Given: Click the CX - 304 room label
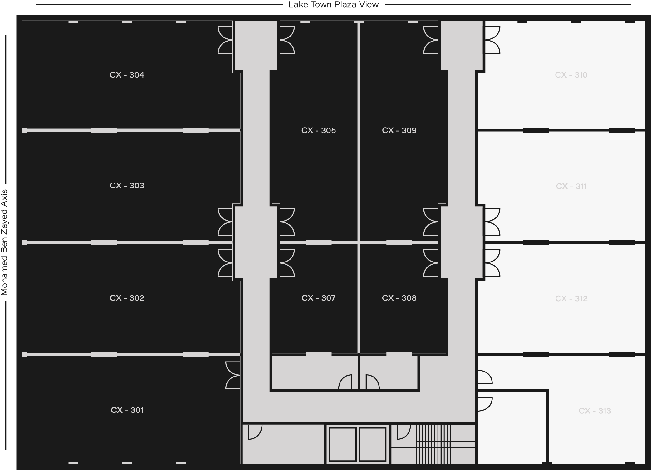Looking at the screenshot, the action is (127, 75).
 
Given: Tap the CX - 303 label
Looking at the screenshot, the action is (127, 186).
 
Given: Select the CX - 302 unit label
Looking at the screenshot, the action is (127, 298).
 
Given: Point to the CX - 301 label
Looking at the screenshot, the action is (127, 410).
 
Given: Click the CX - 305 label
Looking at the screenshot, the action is (319, 130).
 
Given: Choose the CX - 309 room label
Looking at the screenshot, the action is (399, 130).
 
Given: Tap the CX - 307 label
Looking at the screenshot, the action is (319, 298).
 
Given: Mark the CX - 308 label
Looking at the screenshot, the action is (399, 298).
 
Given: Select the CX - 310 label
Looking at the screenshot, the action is (571, 75).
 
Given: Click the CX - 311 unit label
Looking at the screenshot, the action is (571, 187).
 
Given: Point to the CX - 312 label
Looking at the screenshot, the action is (571, 299).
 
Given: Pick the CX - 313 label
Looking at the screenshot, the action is (595, 411).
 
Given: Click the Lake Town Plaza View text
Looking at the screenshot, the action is (334, 5).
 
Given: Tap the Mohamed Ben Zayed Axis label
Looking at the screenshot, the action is (4, 242).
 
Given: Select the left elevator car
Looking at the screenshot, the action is (343, 444).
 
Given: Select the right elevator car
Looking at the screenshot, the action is (372, 444).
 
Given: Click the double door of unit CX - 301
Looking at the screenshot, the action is (233, 375).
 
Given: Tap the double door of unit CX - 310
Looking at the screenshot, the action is (492, 40).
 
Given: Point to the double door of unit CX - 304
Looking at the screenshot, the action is (225, 40).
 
